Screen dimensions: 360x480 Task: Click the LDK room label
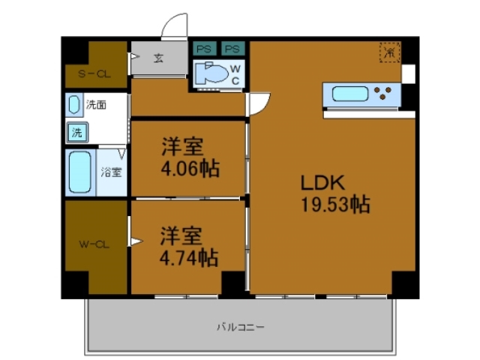pos(322,183)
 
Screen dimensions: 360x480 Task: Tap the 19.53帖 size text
pos(335,203)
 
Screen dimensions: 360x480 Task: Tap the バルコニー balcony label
pos(241,327)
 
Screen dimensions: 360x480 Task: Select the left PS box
pos(202,48)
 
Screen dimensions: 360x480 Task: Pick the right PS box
pos(233,48)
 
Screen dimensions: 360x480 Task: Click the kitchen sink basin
pos(350,94)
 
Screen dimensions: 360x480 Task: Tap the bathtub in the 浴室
pos(79,172)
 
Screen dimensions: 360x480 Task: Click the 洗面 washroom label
pos(96,105)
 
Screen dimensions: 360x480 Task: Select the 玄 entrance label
pos(160,58)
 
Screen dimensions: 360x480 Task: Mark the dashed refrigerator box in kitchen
pos(389,52)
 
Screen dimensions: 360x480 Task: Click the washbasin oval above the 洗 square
pos(76,105)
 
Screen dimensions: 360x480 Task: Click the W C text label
pos(235,74)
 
